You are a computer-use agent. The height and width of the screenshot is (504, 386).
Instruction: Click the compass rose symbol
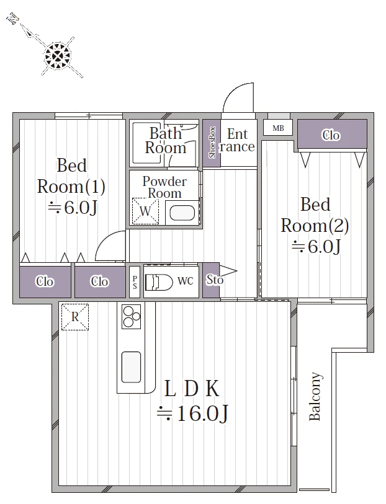58,56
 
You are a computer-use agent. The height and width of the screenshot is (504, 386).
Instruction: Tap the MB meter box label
278,128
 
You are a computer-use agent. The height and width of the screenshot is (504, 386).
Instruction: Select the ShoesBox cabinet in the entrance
212,143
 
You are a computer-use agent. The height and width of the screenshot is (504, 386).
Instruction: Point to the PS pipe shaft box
135,282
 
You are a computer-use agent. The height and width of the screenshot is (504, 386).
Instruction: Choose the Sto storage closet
212,280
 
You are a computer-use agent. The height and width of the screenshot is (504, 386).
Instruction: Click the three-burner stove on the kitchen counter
131,317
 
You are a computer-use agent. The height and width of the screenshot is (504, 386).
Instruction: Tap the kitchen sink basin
131,367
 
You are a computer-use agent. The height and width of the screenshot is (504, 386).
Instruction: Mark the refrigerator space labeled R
75,317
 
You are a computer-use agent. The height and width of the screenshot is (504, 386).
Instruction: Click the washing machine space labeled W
145,211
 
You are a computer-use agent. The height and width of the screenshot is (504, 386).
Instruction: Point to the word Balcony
315,396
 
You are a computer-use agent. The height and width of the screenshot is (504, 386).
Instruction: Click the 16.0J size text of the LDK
192,413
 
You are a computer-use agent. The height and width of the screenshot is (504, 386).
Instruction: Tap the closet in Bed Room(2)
332,135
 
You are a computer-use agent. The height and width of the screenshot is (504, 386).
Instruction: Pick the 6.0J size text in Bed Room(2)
316,247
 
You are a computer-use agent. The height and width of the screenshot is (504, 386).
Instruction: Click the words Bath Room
166,141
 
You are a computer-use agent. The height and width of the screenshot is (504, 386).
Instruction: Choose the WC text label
186,281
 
